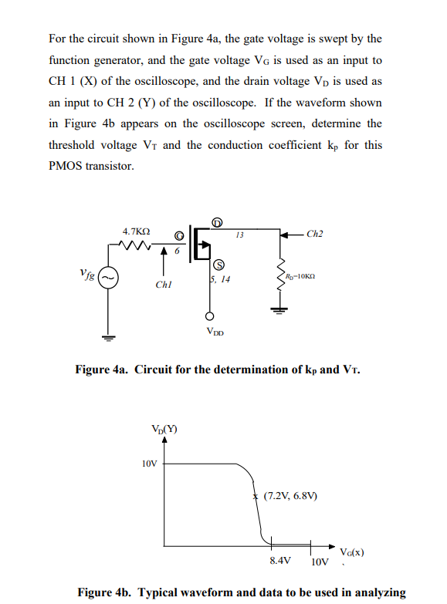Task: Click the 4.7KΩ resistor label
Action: pyautogui.click(x=137, y=231)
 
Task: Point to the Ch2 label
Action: pyautogui.click(x=315, y=232)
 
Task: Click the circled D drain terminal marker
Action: pyautogui.click(x=218, y=223)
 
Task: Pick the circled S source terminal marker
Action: pyautogui.click(x=218, y=264)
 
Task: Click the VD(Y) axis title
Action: pyautogui.click(x=163, y=430)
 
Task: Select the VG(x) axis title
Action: pyautogui.click(x=351, y=552)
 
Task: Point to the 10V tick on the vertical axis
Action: pyautogui.click(x=149, y=464)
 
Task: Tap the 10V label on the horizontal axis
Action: pyautogui.click(x=320, y=561)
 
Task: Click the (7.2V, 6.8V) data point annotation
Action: pyautogui.click(x=290, y=496)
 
